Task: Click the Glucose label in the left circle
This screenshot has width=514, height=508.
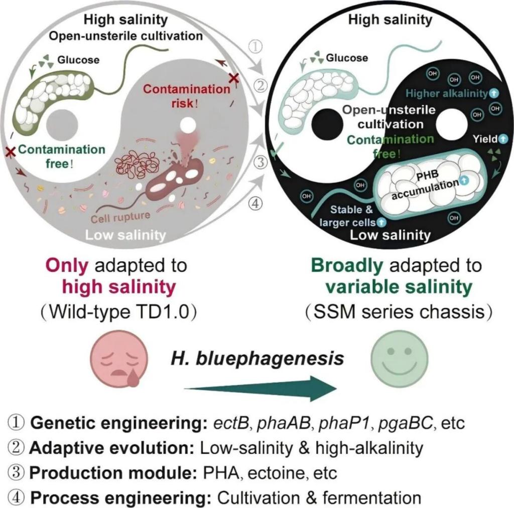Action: click(x=78, y=60)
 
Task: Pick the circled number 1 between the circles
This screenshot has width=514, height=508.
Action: click(x=256, y=47)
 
